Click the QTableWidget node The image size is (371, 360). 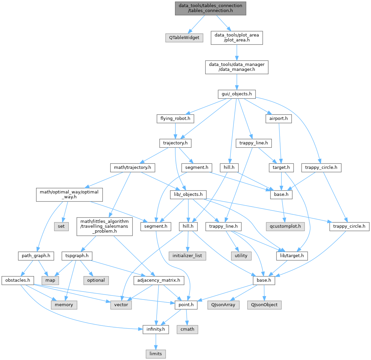coord(184,38)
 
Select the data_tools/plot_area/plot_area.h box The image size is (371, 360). coord(236,38)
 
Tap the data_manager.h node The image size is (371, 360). coord(236,67)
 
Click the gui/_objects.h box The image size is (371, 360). coord(236,95)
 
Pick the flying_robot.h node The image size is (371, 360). coord(175,118)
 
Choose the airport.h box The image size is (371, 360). coord(278,118)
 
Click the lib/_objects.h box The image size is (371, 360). coord(189,194)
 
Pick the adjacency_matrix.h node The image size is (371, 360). coord(159,280)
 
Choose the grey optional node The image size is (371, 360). coord(96,280)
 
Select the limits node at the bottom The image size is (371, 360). coord(155,353)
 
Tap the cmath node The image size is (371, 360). coord(187,329)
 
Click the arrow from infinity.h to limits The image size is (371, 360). coord(155,341)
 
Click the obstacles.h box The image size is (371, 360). coord(16,280)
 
